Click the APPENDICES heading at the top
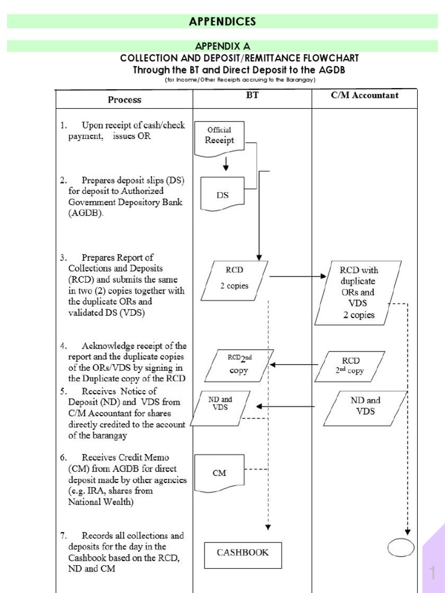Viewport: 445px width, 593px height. [x=222, y=21]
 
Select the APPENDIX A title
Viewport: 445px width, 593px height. [x=222, y=46]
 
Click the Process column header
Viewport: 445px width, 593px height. [x=124, y=100]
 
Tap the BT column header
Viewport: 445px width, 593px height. [x=252, y=96]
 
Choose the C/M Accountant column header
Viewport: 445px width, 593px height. [x=364, y=96]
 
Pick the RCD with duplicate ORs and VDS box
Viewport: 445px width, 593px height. [x=358, y=292]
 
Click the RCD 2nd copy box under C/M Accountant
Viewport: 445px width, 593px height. [x=349, y=366]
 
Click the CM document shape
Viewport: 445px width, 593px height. [x=219, y=472]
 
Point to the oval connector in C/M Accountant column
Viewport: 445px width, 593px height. [x=401, y=547]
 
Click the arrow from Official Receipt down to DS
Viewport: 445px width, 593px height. [x=226, y=165]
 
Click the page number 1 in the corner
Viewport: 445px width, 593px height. [x=432, y=573]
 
